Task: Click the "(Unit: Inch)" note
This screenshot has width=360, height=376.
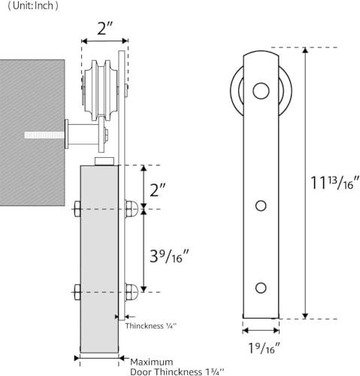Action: click(x=33, y=6)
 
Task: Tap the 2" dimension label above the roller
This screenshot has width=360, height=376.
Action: click(x=105, y=29)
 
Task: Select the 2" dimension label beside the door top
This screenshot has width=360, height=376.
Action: click(x=158, y=190)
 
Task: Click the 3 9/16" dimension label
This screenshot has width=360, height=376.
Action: click(x=169, y=256)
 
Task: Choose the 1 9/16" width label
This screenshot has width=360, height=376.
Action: click(x=264, y=347)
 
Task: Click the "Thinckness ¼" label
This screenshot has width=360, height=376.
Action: click(x=151, y=326)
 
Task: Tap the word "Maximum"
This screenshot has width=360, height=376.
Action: click(x=152, y=362)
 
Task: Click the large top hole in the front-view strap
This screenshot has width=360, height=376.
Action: click(x=261, y=91)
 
